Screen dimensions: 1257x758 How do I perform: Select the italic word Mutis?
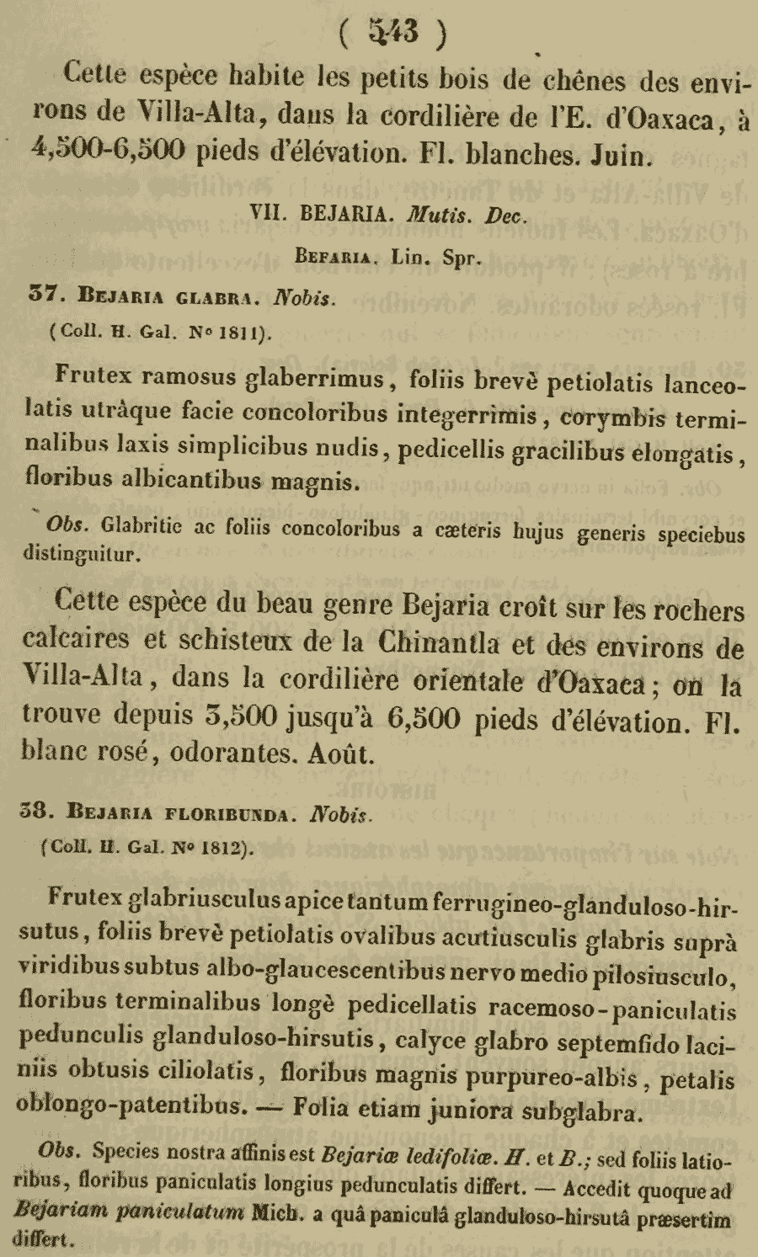click(x=435, y=215)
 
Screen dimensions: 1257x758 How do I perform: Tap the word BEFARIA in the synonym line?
click(x=333, y=258)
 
